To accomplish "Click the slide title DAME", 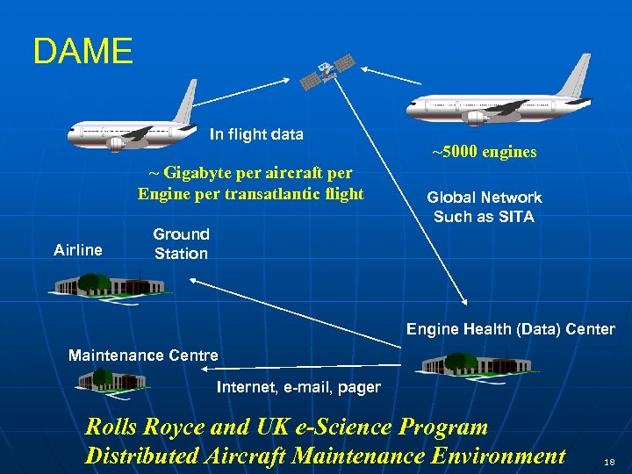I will pos(83,52).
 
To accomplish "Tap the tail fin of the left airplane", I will pos(185,102).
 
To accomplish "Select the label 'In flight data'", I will pos(256,135).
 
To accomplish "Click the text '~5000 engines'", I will pos(485,152).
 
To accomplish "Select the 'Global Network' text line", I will pos(484,197).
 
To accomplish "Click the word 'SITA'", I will pos(514,217).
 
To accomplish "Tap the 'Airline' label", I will pos(78,250).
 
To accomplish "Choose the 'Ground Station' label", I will pos(181,244).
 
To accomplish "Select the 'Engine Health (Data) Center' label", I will pos(510,329).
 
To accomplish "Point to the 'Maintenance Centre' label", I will pos(143,355).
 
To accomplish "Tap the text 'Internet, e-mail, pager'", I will pos(298,387).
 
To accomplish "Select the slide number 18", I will pos(610,459).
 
